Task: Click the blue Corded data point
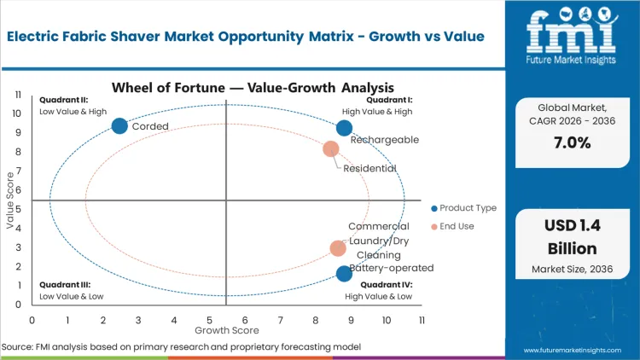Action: [119, 126]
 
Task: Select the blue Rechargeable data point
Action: [344, 128]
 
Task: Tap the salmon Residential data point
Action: [331, 149]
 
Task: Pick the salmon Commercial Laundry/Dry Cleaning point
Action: [338, 248]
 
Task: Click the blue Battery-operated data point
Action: [344, 273]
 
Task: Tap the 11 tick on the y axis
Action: [17, 95]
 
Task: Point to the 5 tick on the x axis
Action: [209, 320]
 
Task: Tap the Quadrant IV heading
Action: [386, 285]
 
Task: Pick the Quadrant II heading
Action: [61, 100]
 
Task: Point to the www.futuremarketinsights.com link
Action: [576, 351]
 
